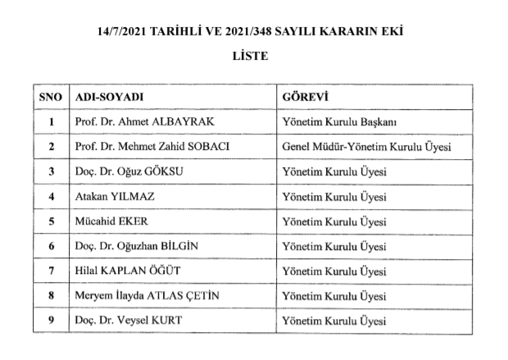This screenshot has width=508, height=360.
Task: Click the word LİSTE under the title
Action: tap(253, 58)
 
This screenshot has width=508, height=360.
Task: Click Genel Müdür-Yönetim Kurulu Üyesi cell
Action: tap(366, 147)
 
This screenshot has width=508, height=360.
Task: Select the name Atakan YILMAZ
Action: tap(111, 197)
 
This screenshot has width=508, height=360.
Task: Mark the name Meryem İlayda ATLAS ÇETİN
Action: tap(145, 295)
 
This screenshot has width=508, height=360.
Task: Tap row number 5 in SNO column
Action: tap(51, 221)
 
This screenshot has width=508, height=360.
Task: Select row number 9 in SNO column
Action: tap(51, 320)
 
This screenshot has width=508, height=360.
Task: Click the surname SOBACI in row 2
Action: tap(208, 147)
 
